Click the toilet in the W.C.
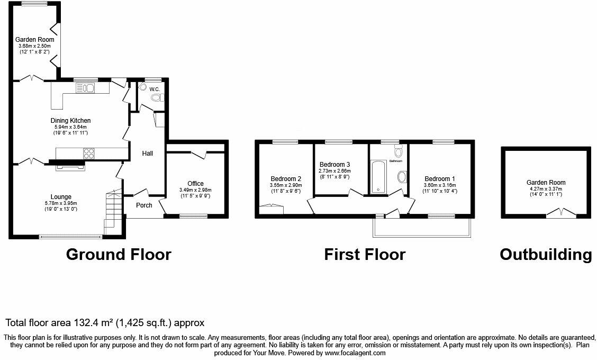[157, 97]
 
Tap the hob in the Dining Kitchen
[88, 154]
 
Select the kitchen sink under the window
[86, 88]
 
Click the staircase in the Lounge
[113, 211]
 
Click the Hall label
[147, 154]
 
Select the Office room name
[195, 184]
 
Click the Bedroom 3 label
[333, 165]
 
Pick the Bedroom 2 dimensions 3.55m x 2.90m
[286, 185]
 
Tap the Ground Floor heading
[119, 255]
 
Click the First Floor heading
[365, 255]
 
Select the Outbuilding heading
[546, 255]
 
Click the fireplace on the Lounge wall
[69, 167]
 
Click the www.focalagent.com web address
[355, 353]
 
